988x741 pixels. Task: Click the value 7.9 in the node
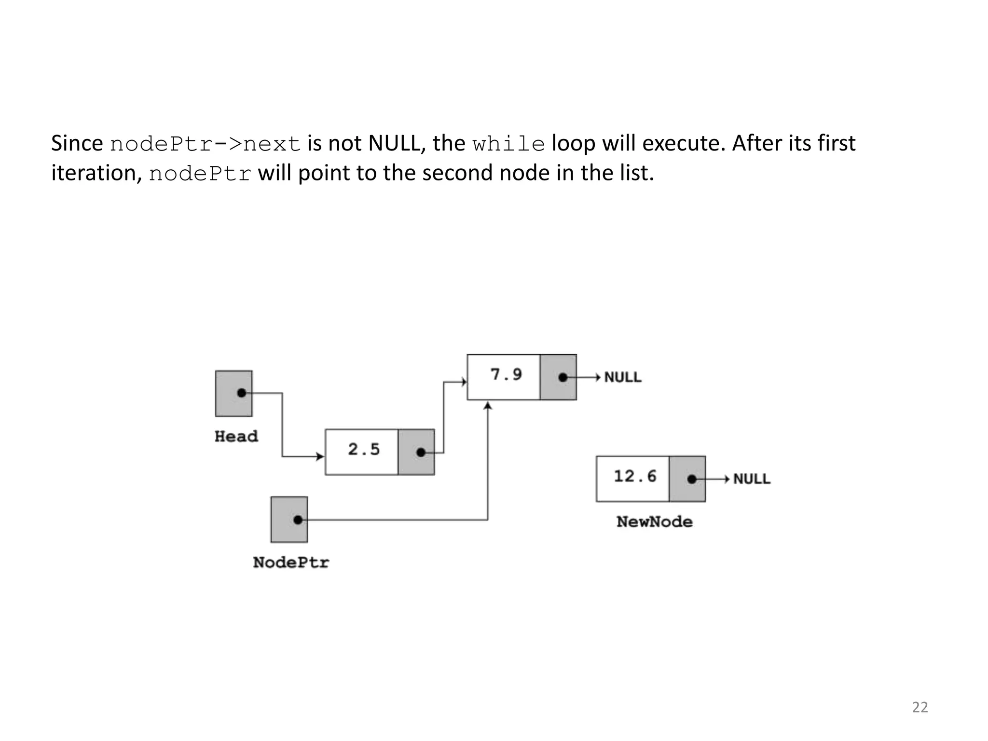pyautogui.click(x=506, y=374)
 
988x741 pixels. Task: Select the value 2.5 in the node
pyautogui.click(x=364, y=450)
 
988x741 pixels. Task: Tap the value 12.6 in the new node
pyautogui.click(x=635, y=477)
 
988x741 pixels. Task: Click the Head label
pyautogui.click(x=236, y=437)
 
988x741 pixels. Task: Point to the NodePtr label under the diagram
pyautogui.click(x=291, y=563)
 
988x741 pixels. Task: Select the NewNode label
pyautogui.click(x=654, y=522)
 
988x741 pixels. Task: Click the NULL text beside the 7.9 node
pyautogui.click(x=623, y=377)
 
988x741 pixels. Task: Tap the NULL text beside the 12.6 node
pyautogui.click(x=752, y=479)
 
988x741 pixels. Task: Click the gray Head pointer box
pyautogui.click(x=233, y=393)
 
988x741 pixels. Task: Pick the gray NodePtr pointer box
pyautogui.click(x=289, y=520)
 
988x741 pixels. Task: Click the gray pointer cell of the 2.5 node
pyautogui.click(x=416, y=452)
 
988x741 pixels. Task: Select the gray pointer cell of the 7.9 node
pyautogui.click(x=558, y=377)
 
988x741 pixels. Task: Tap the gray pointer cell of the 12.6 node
pyautogui.click(x=687, y=479)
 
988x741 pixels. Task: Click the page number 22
pyautogui.click(x=919, y=707)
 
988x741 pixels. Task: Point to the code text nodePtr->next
pyautogui.click(x=206, y=144)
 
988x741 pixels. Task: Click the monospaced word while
pyautogui.click(x=508, y=144)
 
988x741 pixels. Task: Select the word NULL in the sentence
pyautogui.click(x=394, y=143)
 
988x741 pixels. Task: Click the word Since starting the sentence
pyautogui.click(x=77, y=143)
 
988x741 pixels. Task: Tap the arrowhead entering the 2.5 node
pyautogui.click(x=320, y=456)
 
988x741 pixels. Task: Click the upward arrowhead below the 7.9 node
pyautogui.click(x=488, y=406)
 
